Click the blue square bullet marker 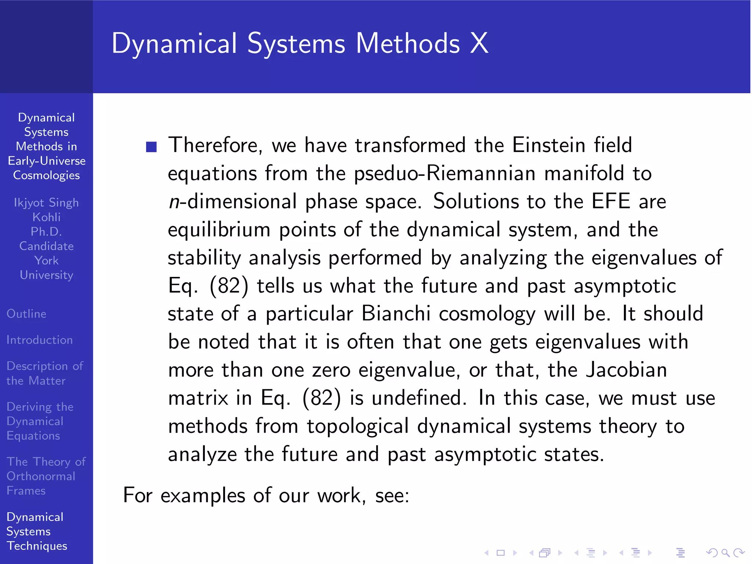(151, 147)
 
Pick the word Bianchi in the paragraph (396, 314)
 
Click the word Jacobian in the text (626, 370)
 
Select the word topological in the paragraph (358, 426)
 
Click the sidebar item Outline (26, 314)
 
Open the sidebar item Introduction (40, 340)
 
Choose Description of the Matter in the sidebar (44, 373)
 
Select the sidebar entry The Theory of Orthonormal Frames (46, 476)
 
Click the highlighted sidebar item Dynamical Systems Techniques (36, 531)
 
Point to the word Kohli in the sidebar (46, 217)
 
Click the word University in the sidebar (46, 275)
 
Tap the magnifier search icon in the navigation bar (725, 553)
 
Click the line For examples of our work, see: (266, 495)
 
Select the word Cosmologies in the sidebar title (46, 175)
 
